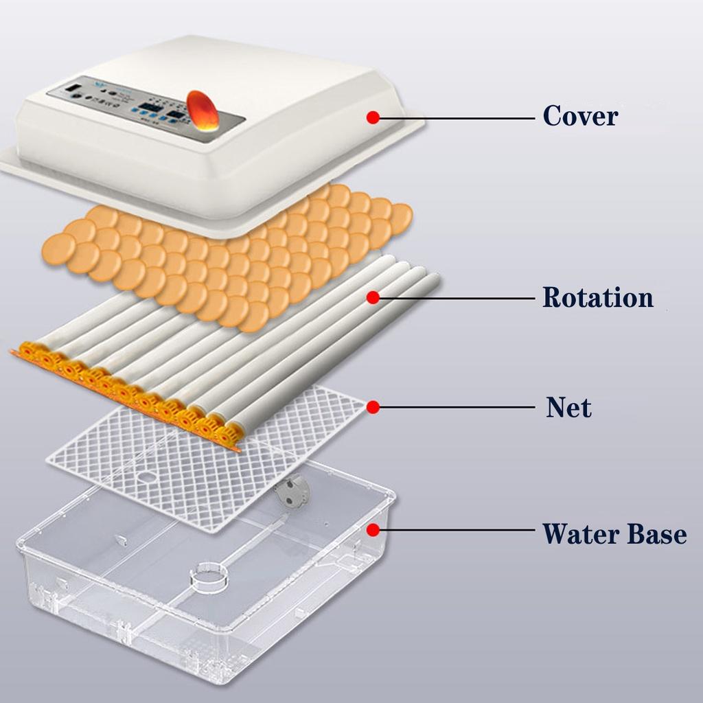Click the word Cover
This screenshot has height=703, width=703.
tap(580, 116)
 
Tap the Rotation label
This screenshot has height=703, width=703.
tap(597, 298)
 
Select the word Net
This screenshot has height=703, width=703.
tap(568, 408)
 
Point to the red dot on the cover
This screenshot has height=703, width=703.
tap(373, 117)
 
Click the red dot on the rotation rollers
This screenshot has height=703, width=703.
tap(373, 297)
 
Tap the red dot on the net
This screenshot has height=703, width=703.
tap(373, 408)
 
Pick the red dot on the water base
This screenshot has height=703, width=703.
tap(373, 529)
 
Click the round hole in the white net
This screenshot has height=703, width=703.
tap(148, 475)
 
